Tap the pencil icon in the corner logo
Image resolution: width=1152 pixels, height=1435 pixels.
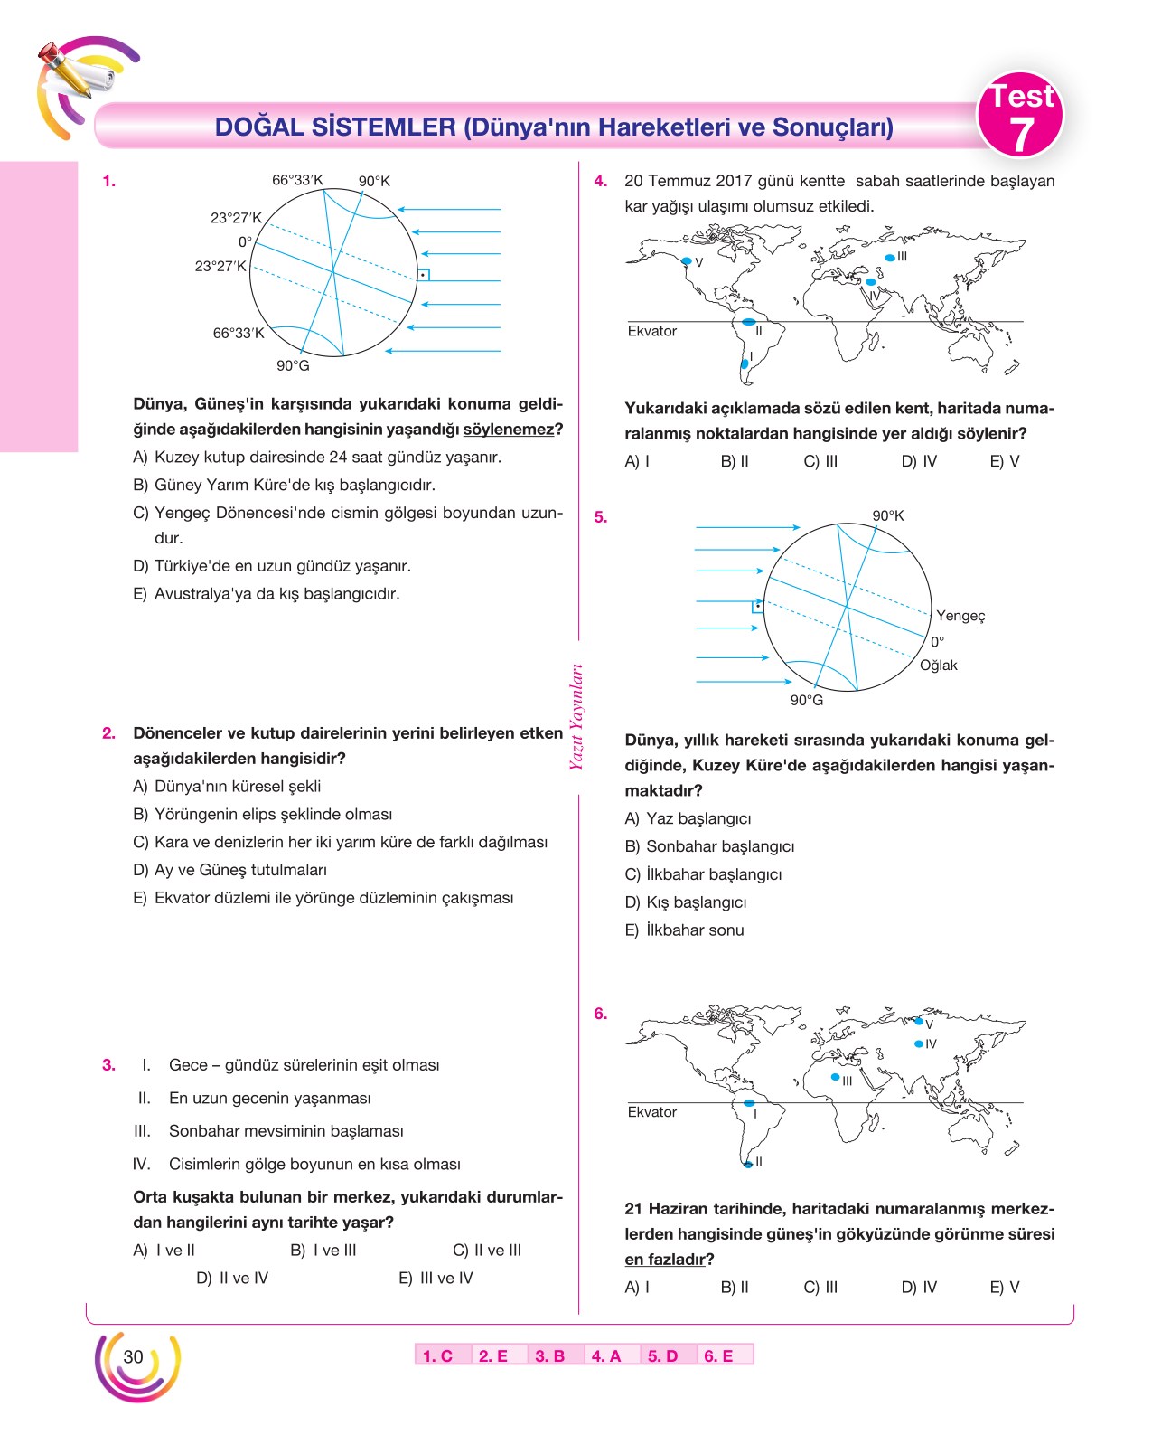(x=65, y=69)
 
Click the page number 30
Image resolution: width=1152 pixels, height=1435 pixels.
(x=133, y=1356)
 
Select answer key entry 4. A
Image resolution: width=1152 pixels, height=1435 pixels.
(x=605, y=1355)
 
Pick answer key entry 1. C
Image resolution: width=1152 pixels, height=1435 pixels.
(x=437, y=1355)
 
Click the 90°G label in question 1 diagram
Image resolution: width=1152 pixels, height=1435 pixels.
(x=293, y=365)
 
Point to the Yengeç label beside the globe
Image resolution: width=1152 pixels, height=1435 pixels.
(x=960, y=616)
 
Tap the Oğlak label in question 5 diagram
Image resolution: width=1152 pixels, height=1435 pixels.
(x=938, y=665)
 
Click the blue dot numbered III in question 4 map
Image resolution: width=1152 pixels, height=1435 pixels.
(x=889, y=258)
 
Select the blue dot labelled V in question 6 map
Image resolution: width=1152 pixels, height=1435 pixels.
(x=919, y=1022)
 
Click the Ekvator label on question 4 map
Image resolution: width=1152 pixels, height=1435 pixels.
(x=651, y=331)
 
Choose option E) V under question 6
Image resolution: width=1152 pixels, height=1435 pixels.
(x=1004, y=1287)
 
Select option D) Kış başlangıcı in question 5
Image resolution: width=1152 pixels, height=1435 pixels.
(x=686, y=902)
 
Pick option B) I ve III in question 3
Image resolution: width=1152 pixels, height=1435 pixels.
(x=323, y=1250)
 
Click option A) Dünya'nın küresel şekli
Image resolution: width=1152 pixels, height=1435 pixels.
(x=227, y=786)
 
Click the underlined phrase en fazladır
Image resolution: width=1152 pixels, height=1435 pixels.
(x=664, y=1259)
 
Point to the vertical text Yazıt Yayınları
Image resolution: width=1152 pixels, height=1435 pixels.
(x=576, y=717)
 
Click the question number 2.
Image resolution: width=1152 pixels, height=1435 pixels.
(x=108, y=732)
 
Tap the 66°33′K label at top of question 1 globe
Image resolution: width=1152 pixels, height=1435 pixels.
(x=297, y=180)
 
